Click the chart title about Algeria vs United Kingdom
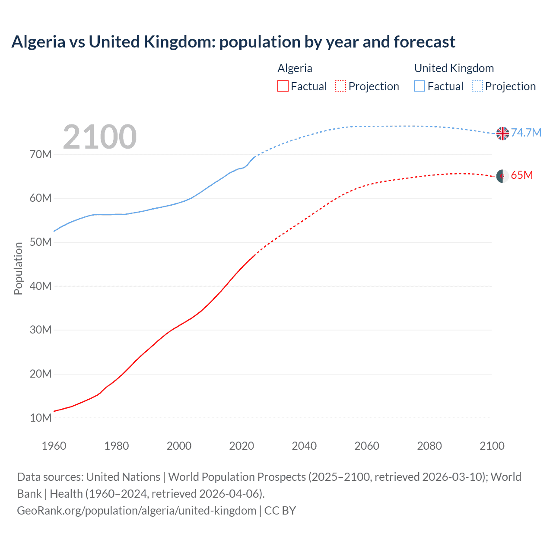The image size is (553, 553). (x=233, y=42)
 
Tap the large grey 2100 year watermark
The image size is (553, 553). (x=100, y=137)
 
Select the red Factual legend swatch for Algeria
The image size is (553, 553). (x=283, y=86)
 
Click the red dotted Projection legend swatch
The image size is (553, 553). (x=340, y=86)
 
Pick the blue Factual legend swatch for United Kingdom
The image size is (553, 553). (x=419, y=86)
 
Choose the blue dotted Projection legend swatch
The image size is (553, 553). (x=477, y=86)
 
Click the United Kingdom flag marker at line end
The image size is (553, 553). (x=502, y=133)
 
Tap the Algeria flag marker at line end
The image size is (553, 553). (x=502, y=176)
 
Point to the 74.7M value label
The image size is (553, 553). (x=526, y=133)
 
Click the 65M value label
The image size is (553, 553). (x=522, y=175)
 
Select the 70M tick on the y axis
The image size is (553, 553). (x=41, y=154)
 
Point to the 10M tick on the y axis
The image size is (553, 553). (x=41, y=418)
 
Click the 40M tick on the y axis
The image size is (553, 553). (x=41, y=286)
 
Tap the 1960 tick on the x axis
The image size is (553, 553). (x=54, y=446)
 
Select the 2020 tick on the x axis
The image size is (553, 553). (x=242, y=446)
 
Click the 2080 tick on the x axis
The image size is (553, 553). (x=429, y=446)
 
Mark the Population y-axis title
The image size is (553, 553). (x=18, y=268)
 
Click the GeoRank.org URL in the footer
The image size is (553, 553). (x=137, y=511)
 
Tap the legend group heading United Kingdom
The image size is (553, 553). (x=454, y=68)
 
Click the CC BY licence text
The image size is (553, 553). (x=280, y=511)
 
